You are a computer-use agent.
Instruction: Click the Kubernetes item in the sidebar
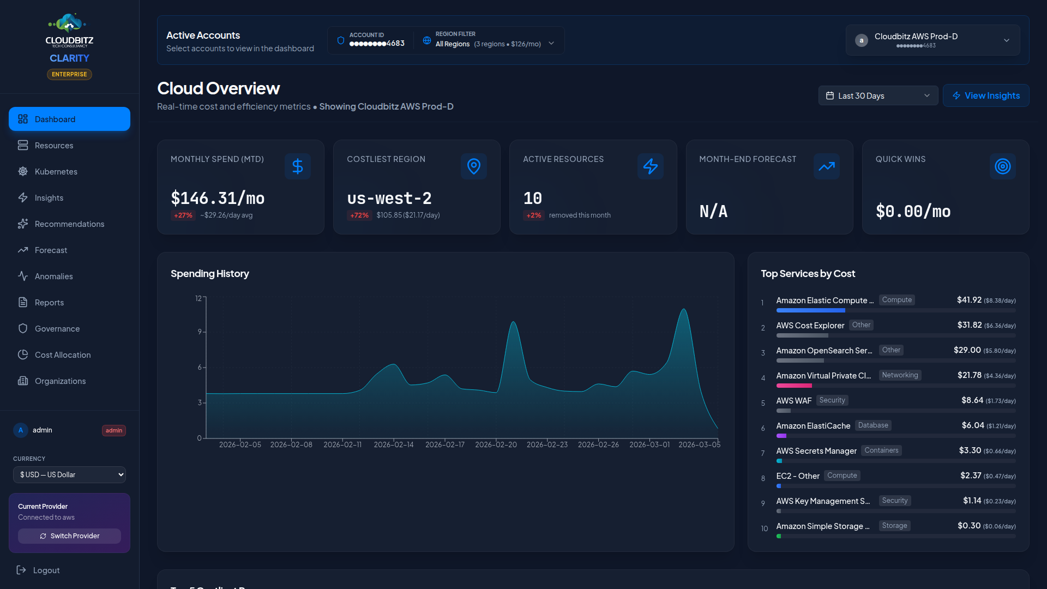pos(56,171)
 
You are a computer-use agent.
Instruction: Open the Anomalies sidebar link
pos(53,276)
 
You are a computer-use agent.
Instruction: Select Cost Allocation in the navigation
pos(62,354)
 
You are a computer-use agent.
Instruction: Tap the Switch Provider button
pos(69,536)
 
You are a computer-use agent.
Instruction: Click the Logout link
pos(46,570)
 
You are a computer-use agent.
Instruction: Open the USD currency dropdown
pos(69,474)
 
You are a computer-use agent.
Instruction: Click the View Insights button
pos(985,95)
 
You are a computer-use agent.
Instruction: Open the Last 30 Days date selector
pos(878,95)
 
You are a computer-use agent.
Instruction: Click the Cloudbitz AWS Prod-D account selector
pos(932,40)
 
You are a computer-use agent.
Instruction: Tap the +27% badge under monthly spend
pos(183,215)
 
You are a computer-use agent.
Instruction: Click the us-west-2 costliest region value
pos(389,198)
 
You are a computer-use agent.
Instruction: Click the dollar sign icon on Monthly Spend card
pos(297,166)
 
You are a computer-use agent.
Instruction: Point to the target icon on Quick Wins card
pos(1002,166)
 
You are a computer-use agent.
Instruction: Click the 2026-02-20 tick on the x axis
pos(496,444)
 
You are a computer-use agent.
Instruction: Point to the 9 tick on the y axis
pos(200,332)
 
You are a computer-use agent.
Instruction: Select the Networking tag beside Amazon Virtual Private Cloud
pos(900,375)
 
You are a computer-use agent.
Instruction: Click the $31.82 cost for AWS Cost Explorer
pos(970,325)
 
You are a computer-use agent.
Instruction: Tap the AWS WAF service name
pos(793,400)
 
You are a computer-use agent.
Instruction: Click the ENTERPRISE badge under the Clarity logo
pos(69,74)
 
